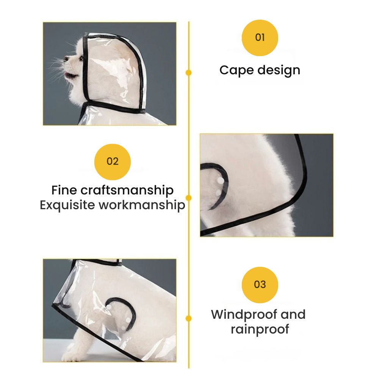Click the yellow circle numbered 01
click(260, 38)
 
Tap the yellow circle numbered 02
click(113, 162)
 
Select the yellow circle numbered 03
click(260, 285)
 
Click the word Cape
click(236, 71)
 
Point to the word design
click(279, 70)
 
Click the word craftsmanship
click(127, 191)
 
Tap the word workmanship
click(142, 205)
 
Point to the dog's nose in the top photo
click(66, 58)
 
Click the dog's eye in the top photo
click(81, 58)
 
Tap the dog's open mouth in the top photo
click(70, 74)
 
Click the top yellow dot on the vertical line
click(188, 72)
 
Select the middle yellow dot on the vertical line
click(188, 198)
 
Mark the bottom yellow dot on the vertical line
click(188, 318)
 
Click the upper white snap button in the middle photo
click(220, 180)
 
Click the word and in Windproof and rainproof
click(293, 315)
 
